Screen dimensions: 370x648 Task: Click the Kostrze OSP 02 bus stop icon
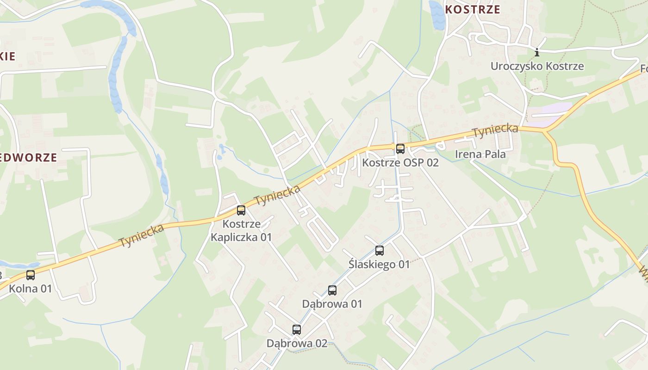coord(400,149)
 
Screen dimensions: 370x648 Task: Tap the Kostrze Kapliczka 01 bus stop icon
coord(241,210)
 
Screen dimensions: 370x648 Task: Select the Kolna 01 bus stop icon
coord(31,275)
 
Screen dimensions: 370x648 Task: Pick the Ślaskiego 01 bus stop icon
coord(380,251)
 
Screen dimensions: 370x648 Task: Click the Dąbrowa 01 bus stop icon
coord(332,290)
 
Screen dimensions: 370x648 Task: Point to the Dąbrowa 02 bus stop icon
coord(297,330)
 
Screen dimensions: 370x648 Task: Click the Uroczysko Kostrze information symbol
coord(537,52)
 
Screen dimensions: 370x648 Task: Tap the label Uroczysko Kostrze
coord(537,66)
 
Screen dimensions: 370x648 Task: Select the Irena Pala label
coord(480,154)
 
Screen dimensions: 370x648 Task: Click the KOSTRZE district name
coord(473,10)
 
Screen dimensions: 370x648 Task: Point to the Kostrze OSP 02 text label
coord(400,162)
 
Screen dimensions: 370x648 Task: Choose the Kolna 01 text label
coord(31,289)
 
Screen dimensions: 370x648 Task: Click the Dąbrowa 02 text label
coord(297,343)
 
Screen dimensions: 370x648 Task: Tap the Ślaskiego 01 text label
coord(379,264)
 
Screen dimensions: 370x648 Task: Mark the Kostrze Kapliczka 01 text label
coord(241,231)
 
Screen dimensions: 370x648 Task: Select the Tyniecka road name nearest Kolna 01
coord(142,235)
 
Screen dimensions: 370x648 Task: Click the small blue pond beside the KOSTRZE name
coord(436,15)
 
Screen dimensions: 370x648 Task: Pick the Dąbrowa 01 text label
coord(332,304)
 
